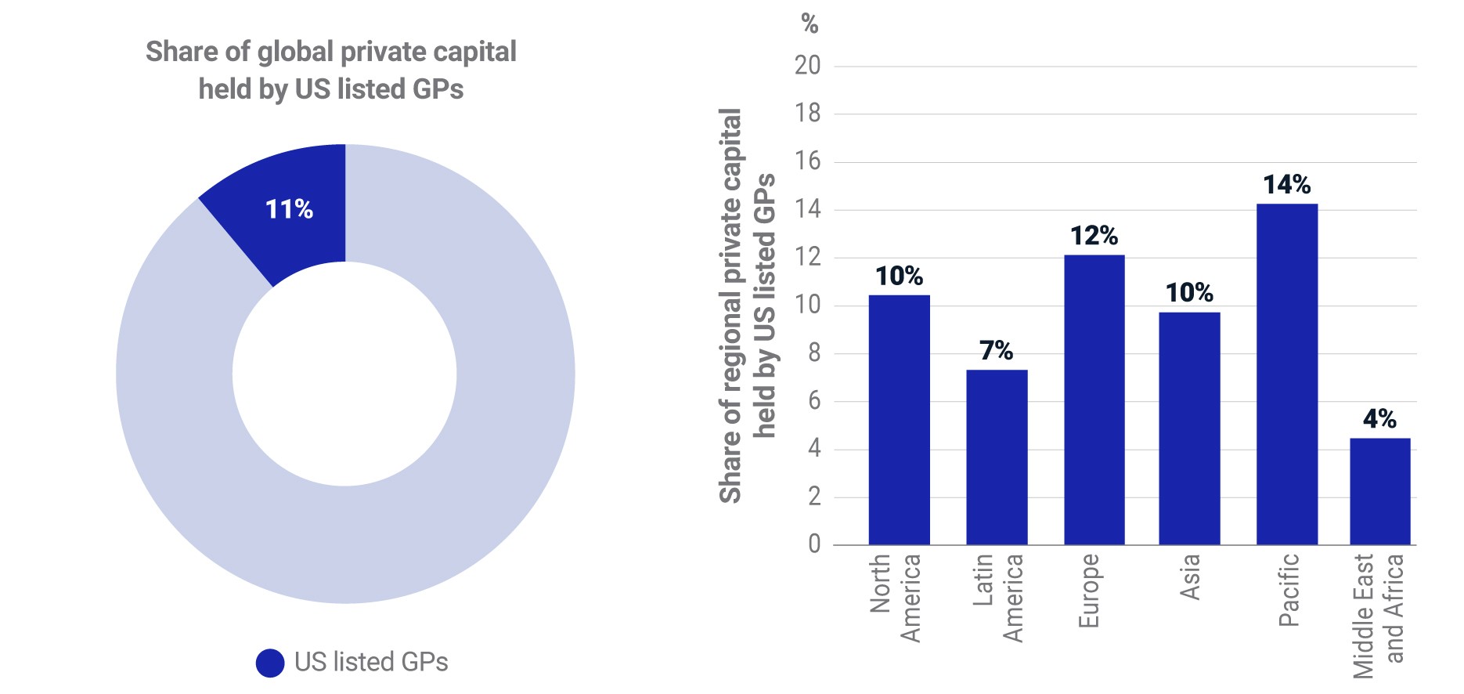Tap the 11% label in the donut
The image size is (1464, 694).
[x=289, y=209]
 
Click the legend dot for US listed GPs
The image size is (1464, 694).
[x=270, y=663]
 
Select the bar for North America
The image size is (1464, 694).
[x=900, y=420]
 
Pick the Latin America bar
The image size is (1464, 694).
[x=997, y=457]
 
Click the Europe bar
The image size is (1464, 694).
[x=1094, y=399]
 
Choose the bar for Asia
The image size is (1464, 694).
[x=1190, y=428]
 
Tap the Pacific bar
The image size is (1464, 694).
[x=1287, y=374]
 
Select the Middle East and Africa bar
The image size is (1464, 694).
[x=1380, y=491]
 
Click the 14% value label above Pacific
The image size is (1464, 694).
[x=1287, y=185]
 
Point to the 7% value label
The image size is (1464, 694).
[x=997, y=350]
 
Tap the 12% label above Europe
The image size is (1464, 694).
[x=1094, y=236]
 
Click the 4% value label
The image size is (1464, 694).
[x=1380, y=419]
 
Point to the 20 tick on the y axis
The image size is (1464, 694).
[x=808, y=66]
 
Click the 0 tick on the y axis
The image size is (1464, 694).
[x=814, y=544]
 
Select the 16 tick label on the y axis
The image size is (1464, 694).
[x=808, y=161]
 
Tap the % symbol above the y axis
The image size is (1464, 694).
[x=810, y=24]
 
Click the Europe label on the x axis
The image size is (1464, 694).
[x=1089, y=591]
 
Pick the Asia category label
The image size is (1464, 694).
[x=1189, y=577]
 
